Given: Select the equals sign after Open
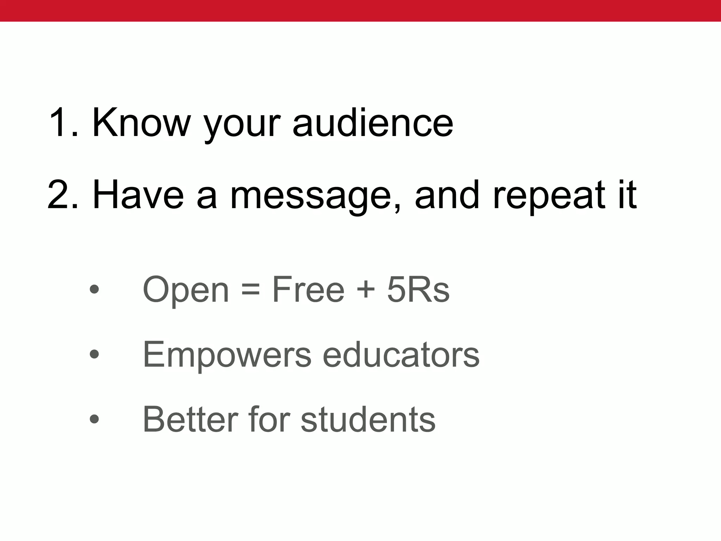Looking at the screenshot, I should click(x=251, y=290).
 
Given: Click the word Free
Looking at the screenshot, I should click(x=308, y=290).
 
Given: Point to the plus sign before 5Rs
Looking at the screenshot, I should click(x=366, y=290).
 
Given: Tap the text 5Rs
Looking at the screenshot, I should click(x=418, y=290).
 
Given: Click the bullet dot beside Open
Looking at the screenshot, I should click(x=94, y=290).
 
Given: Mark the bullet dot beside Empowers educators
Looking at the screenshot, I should click(x=94, y=354).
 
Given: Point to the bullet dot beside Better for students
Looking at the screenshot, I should click(x=94, y=419).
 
